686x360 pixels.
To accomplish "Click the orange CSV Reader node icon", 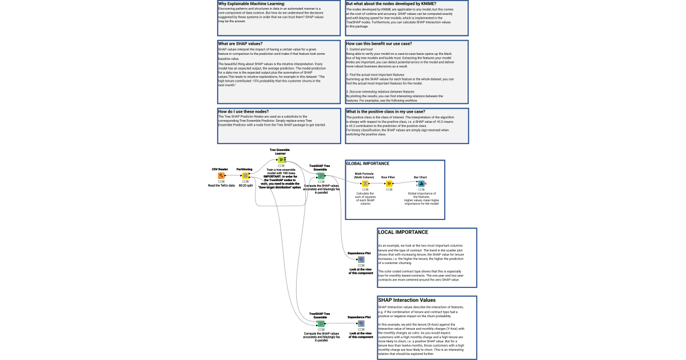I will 221,175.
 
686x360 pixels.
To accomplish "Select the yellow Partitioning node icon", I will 245,175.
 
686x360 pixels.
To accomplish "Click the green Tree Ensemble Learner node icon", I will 281,160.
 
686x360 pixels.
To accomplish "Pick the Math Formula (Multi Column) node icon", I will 365,184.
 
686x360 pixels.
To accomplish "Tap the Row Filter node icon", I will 389,184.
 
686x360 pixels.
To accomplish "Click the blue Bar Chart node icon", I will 420,184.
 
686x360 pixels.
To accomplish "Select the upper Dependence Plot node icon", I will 361,259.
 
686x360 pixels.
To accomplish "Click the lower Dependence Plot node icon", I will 361,324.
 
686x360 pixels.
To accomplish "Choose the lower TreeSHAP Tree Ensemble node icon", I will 321,324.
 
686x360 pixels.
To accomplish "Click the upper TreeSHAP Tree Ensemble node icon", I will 321,176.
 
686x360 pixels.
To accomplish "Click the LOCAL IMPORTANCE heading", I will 403,233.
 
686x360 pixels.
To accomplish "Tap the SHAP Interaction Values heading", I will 407,300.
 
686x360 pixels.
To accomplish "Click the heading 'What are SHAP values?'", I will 240,43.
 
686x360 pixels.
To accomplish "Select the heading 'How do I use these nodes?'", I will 244,111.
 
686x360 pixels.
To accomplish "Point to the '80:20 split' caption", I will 245,186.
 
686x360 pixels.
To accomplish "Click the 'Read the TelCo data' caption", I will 221,186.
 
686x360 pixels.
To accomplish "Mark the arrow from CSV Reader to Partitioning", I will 233,175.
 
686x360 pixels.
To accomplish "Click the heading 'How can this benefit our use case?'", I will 379,43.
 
